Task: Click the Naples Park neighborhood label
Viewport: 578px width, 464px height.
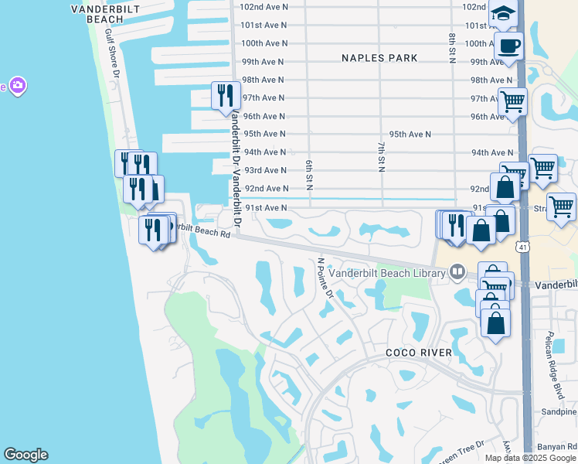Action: [x=380, y=58]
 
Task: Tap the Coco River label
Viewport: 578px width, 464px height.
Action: [x=419, y=353]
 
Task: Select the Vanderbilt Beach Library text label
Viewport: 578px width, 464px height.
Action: [x=387, y=272]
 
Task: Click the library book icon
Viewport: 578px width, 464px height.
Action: [x=457, y=272]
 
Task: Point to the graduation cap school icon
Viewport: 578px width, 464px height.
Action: [x=502, y=15]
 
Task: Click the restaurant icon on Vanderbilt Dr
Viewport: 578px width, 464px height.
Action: [x=226, y=95]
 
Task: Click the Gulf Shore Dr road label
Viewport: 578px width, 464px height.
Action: [x=113, y=54]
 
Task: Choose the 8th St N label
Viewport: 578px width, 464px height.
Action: [x=451, y=48]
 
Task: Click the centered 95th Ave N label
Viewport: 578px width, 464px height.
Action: [x=410, y=134]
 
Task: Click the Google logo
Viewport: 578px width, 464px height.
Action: [x=25, y=455]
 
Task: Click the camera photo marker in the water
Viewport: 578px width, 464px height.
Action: [x=17, y=85]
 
